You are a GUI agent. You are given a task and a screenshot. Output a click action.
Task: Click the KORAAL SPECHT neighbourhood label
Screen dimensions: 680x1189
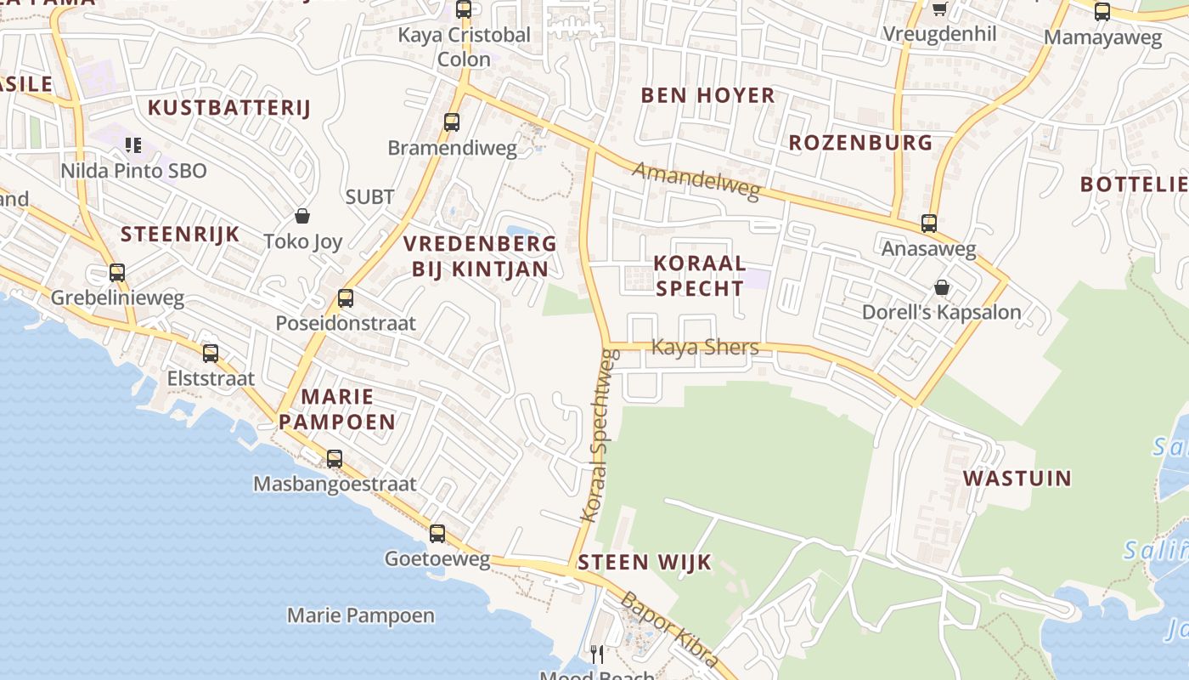(700, 275)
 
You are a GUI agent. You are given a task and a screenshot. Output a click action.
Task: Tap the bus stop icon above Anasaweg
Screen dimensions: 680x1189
(929, 224)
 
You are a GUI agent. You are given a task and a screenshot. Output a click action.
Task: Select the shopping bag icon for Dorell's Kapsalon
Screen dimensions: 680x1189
(941, 287)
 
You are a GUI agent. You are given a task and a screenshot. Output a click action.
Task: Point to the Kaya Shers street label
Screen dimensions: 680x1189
(704, 347)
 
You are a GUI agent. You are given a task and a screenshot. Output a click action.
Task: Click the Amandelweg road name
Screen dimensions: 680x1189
(696, 181)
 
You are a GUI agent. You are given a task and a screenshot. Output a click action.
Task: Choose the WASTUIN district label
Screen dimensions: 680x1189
(1017, 478)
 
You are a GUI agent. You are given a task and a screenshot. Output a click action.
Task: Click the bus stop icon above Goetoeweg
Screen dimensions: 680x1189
(437, 534)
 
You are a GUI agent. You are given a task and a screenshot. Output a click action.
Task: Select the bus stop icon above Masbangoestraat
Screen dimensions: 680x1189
(335, 459)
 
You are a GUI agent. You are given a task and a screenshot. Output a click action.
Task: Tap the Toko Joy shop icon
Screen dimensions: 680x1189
(301, 216)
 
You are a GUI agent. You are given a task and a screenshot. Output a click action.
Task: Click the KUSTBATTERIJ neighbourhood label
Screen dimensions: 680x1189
(229, 108)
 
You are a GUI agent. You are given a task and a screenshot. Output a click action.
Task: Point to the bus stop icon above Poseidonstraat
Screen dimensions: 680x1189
(345, 298)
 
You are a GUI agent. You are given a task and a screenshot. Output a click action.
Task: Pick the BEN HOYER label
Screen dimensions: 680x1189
(707, 95)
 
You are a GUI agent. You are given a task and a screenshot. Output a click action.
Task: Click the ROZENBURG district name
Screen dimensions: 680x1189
(860, 143)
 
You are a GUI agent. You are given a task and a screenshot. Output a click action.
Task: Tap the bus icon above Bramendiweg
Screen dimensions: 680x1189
(452, 122)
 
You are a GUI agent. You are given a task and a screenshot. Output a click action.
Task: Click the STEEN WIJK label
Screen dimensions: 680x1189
(645, 562)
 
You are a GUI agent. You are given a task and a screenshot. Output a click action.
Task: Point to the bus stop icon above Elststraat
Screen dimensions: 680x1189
(210, 354)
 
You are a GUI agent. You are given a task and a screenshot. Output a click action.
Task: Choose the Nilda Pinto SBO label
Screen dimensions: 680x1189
(133, 171)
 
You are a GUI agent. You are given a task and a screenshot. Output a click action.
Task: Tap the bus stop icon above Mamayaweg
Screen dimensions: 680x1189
(1102, 12)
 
